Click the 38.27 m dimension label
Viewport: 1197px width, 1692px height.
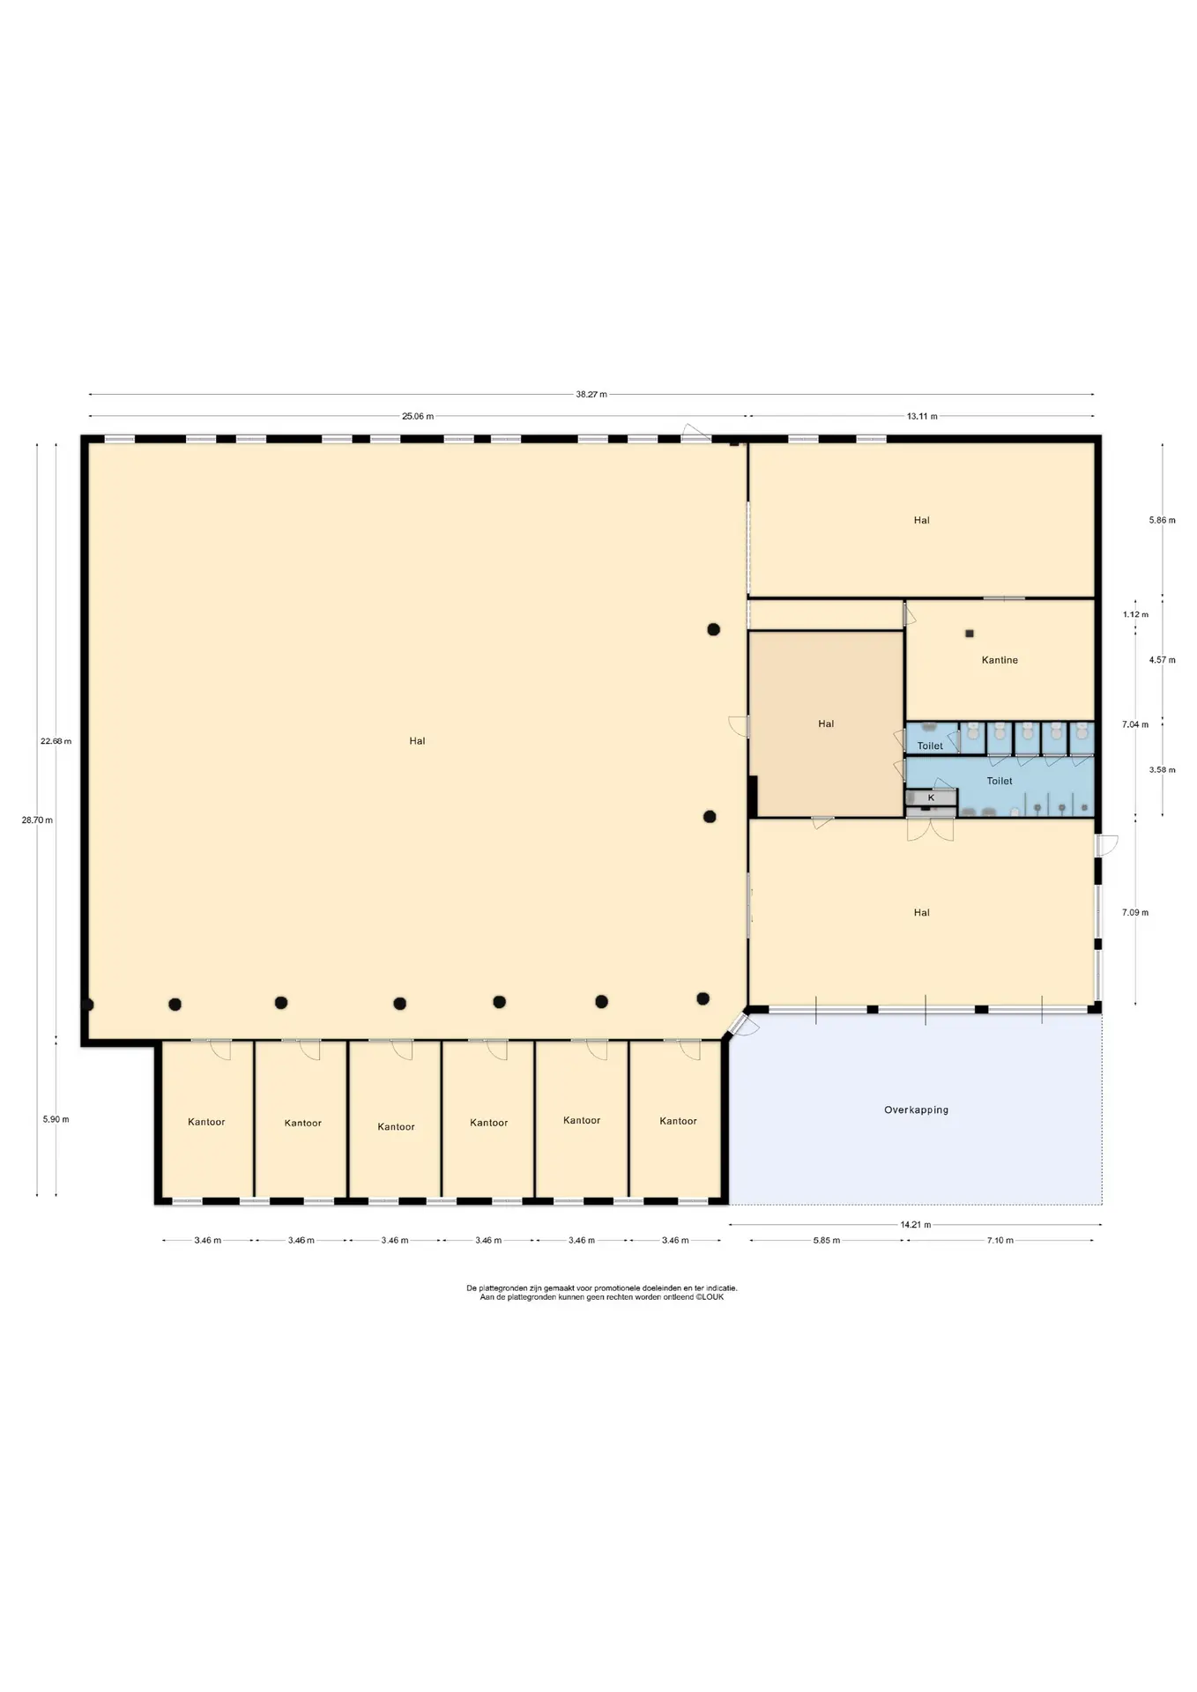tap(591, 395)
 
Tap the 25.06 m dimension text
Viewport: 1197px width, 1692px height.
tap(418, 417)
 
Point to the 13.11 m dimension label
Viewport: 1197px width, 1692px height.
tap(922, 417)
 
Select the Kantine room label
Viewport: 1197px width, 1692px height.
tap(1000, 660)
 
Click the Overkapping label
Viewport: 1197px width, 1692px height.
tap(917, 1110)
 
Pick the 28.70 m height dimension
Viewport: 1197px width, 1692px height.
tap(37, 820)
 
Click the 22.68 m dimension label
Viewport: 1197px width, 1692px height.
tap(56, 741)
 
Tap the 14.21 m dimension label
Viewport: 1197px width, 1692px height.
tap(916, 1225)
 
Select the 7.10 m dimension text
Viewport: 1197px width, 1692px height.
tap(1000, 1241)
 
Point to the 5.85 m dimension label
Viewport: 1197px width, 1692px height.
tap(827, 1241)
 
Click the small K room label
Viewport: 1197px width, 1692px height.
tap(931, 798)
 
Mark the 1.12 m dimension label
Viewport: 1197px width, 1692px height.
tap(1135, 615)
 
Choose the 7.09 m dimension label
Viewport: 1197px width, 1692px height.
tap(1135, 913)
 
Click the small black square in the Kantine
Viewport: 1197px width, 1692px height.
tap(970, 634)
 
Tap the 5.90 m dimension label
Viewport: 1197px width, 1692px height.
tap(56, 1120)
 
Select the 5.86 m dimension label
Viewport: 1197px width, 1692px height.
tap(1163, 521)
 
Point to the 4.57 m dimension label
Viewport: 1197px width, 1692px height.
tap(1163, 660)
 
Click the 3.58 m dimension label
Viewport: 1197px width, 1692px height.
tap(1163, 770)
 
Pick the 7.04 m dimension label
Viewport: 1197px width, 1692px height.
tap(1135, 725)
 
